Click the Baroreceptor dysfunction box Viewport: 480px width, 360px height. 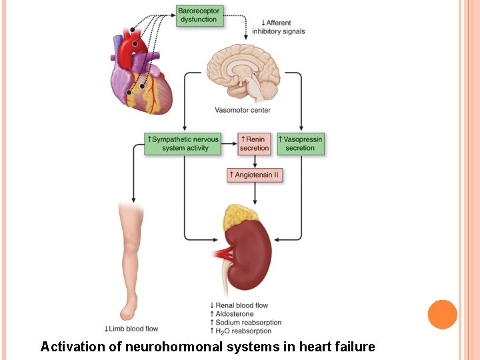point(199,15)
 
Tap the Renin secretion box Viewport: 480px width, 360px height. point(254,143)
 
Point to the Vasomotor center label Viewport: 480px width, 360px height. point(243,110)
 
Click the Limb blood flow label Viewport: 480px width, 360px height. point(131,329)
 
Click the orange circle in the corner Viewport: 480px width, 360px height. point(442,314)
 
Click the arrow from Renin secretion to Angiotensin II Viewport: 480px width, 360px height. point(255,161)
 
